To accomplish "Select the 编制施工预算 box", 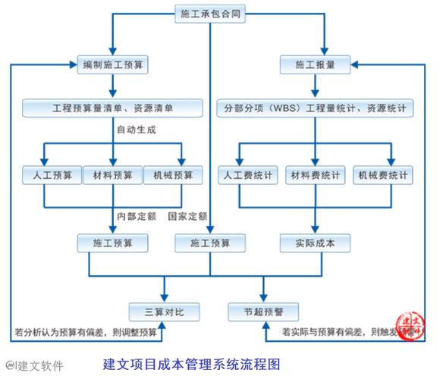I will (x=112, y=65).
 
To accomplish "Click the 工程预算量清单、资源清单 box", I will (x=112, y=108).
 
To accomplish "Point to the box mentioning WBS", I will (x=316, y=108).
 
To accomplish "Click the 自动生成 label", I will (x=137, y=130).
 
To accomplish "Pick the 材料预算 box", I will (x=111, y=175).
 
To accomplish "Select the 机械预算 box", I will (x=173, y=175).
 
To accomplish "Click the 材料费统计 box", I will (x=316, y=175).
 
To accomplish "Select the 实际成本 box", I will (x=316, y=243).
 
